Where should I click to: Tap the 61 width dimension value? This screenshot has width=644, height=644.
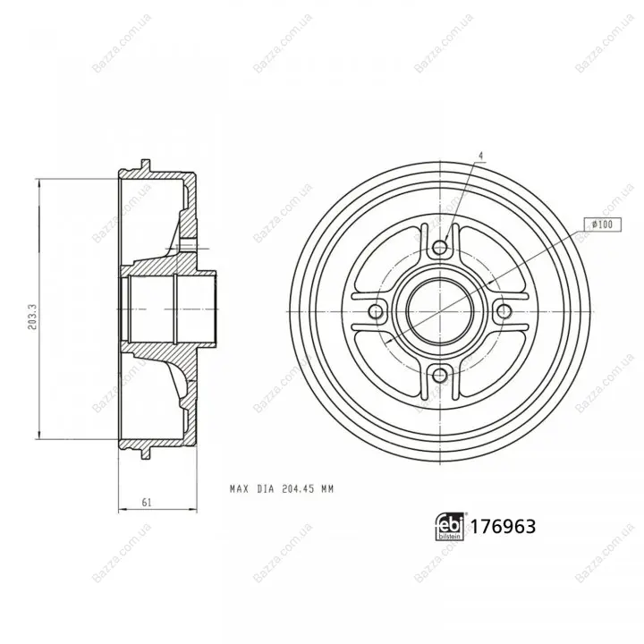pyautogui.click(x=147, y=502)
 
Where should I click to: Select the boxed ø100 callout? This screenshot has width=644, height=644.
pyautogui.click(x=603, y=225)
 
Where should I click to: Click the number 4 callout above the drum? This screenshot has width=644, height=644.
pyautogui.click(x=481, y=156)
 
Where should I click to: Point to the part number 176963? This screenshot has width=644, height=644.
pyautogui.click(x=503, y=526)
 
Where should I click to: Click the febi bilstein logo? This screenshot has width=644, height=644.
pyautogui.click(x=450, y=527)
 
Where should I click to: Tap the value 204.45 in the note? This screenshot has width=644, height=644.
pyautogui.click(x=298, y=489)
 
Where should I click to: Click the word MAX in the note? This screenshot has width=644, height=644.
pyautogui.click(x=240, y=489)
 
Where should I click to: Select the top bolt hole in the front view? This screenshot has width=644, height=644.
pyautogui.click(x=440, y=248)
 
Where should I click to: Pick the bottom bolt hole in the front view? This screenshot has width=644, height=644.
pyautogui.click(x=440, y=375)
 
